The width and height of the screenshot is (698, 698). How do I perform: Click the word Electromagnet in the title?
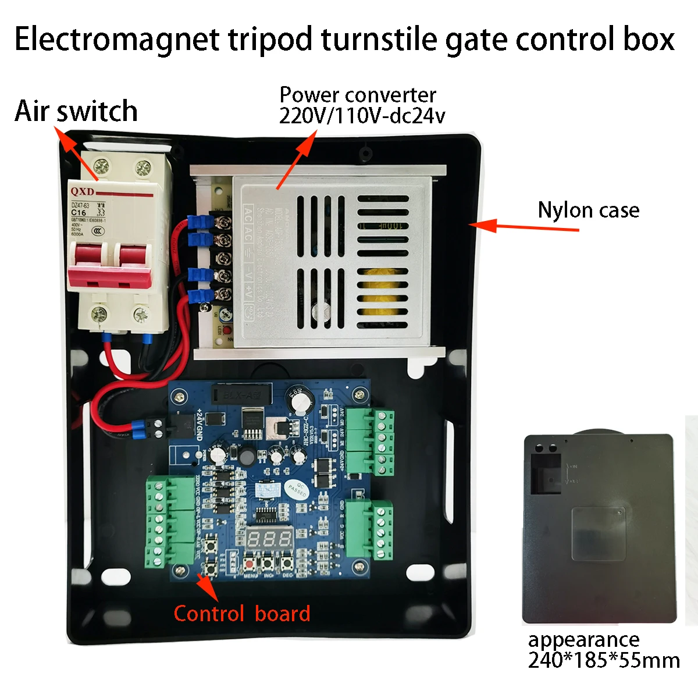(x=117, y=40)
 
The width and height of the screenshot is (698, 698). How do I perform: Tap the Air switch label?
(x=76, y=111)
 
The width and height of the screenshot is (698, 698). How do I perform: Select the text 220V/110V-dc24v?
(x=362, y=116)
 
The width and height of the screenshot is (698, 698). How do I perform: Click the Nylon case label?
(x=588, y=210)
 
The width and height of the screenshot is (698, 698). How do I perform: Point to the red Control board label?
(x=242, y=614)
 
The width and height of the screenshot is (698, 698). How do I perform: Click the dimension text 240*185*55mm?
(x=604, y=661)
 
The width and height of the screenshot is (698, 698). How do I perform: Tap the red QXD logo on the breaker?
(x=83, y=191)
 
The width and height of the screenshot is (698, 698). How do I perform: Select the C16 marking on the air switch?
(x=79, y=213)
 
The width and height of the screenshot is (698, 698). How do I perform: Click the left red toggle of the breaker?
(x=89, y=262)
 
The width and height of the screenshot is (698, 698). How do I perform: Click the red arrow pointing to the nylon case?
(x=523, y=226)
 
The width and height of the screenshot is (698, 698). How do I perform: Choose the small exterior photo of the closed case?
(x=599, y=528)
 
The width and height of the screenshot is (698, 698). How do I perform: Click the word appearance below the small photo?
(x=583, y=640)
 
